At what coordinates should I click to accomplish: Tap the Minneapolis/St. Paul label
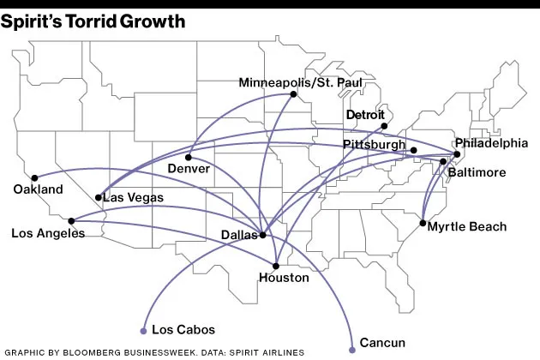(301, 82)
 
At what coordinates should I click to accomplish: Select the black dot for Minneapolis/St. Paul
(293, 95)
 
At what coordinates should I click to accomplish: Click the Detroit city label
(367, 114)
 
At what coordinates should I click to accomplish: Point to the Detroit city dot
(384, 126)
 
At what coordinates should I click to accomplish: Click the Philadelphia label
(491, 142)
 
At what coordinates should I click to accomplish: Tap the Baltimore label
(477, 172)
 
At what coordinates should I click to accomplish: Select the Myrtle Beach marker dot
(423, 223)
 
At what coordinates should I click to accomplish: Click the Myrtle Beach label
(466, 226)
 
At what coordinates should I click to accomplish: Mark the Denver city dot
(188, 157)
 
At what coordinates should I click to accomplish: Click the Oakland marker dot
(34, 177)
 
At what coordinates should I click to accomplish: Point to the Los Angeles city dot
(71, 220)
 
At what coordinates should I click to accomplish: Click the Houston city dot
(276, 265)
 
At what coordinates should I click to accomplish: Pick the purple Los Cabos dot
(143, 329)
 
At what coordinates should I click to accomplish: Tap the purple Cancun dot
(352, 349)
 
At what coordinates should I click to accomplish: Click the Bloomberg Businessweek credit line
(153, 352)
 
